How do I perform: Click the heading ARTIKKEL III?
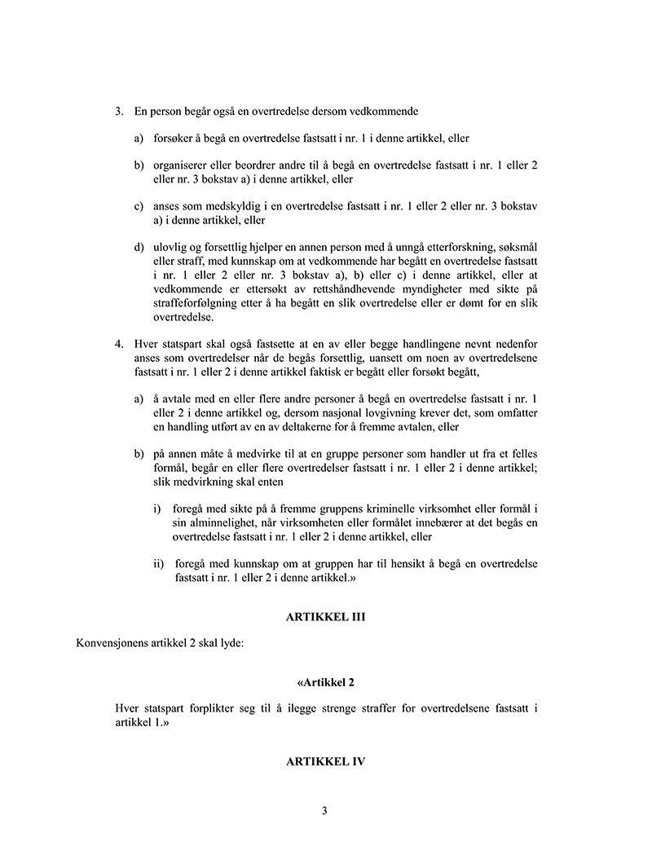325,618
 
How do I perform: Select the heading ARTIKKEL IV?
325,762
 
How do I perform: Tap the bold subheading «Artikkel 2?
325,681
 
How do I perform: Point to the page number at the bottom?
325,811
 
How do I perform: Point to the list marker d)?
139,247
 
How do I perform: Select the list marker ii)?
158,564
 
